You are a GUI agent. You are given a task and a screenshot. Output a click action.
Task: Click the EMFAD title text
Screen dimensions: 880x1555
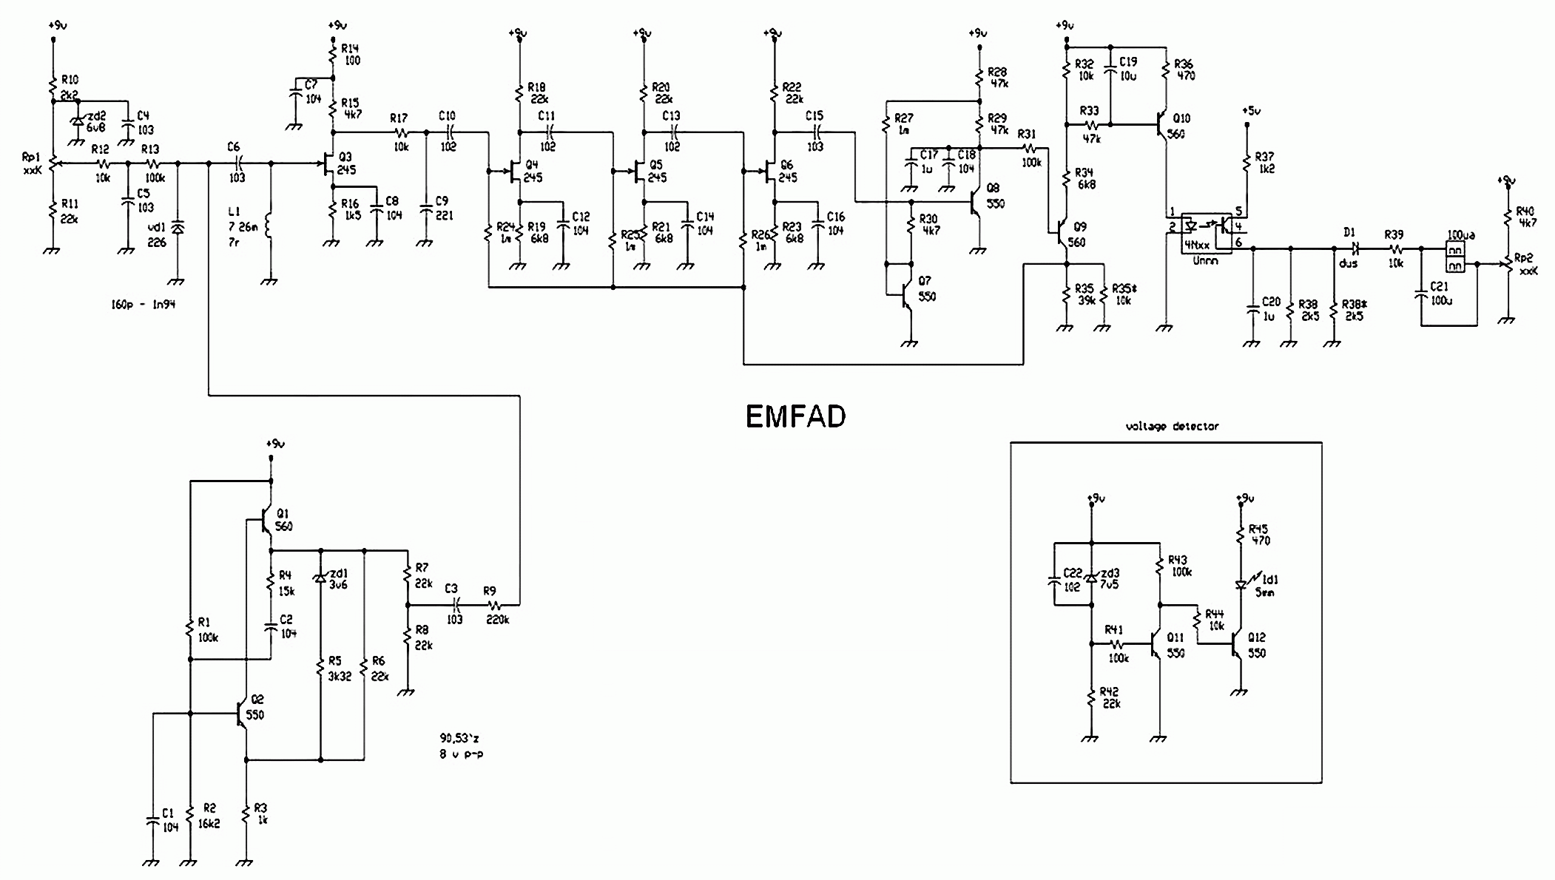pyautogui.click(x=795, y=417)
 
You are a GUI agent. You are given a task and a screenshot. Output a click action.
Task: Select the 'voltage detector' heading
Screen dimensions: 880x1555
pyautogui.click(x=1172, y=427)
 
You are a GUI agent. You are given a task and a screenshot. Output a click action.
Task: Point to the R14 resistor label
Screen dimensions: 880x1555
pyautogui.click(x=349, y=49)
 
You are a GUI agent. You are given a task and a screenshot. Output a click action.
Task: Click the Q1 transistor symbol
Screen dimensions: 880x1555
pyautogui.click(x=263, y=522)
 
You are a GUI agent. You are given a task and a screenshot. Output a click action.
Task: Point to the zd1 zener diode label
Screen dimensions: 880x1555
pyautogui.click(x=339, y=573)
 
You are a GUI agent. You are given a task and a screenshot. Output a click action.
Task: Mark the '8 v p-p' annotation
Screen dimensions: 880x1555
pyautogui.click(x=461, y=754)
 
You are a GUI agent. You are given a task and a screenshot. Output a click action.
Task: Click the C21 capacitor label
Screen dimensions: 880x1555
pyautogui.click(x=1440, y=286)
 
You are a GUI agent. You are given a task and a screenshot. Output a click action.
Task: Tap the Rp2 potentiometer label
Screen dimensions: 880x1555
pyautogui.click(x=1523, y=258)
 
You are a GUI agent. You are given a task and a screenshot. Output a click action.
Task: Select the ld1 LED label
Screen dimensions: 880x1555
pyautogui.click(x=1270, y=580)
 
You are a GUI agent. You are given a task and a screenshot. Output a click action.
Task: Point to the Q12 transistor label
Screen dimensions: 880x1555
pyautogui.click(x=1256, y=637)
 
